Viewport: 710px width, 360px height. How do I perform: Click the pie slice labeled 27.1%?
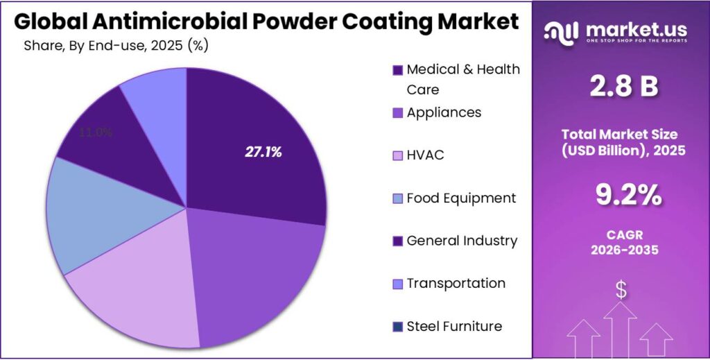pos(263,153)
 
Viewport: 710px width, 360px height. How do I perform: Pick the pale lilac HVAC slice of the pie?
pos(139,291)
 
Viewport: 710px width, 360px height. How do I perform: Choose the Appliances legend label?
pos(444,112)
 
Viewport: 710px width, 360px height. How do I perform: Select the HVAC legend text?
pos(425,155)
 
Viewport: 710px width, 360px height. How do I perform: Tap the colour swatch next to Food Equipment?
pos(397,199)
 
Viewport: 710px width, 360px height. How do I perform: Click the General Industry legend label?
pos(462,241)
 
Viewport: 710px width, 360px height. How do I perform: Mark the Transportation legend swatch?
pos(397,284)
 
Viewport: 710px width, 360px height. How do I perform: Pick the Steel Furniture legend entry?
pos(454,326)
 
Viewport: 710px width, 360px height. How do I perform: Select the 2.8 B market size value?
pos(623,87)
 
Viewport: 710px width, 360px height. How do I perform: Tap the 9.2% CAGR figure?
pos(621,196)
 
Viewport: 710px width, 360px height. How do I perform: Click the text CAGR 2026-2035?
pos(621,243)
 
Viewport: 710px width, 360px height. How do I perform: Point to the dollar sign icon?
pos(621,290)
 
